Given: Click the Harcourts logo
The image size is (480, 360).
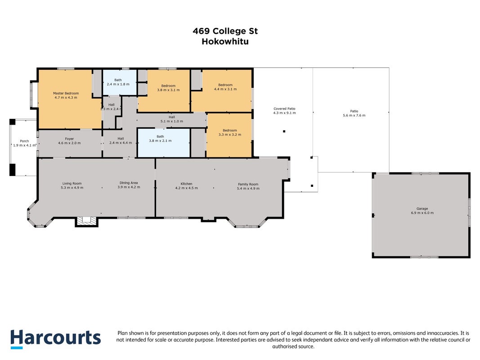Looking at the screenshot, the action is tap(55, 339).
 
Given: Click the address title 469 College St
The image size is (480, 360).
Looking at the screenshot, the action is tap(225, 31).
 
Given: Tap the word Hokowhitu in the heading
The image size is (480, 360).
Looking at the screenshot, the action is tap(225, 41).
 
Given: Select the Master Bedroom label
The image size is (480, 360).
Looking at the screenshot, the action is tap(66, 93).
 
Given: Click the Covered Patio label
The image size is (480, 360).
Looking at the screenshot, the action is tap(284, 108).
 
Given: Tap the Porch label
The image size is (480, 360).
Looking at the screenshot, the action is tap(24, 141).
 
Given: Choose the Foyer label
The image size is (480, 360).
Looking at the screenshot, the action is tap(69, 139).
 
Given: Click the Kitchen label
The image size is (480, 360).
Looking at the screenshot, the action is tap(186, 184).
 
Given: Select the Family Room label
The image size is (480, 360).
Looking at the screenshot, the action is tap(248, 184).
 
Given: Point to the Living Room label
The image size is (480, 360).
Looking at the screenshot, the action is tap(72, 184).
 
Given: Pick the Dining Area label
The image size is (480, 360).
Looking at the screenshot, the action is tap(129, 183).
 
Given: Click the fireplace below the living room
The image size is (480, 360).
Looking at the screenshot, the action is tap(87, 222).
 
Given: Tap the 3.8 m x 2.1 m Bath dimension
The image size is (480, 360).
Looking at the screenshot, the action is tap(160, 141).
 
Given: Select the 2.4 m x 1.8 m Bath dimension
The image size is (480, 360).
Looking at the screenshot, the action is tap(118, 84).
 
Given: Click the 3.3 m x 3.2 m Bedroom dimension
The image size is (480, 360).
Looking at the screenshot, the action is tap(229, 135).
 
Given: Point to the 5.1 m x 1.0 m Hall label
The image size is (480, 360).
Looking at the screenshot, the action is tap(172, 119).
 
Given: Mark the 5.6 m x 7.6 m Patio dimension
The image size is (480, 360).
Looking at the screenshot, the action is tap(354, 115).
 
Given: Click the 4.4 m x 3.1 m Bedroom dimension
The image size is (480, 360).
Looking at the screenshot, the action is tap(225, 89).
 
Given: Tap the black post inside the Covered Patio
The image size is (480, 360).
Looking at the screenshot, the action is tap(284, 131).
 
